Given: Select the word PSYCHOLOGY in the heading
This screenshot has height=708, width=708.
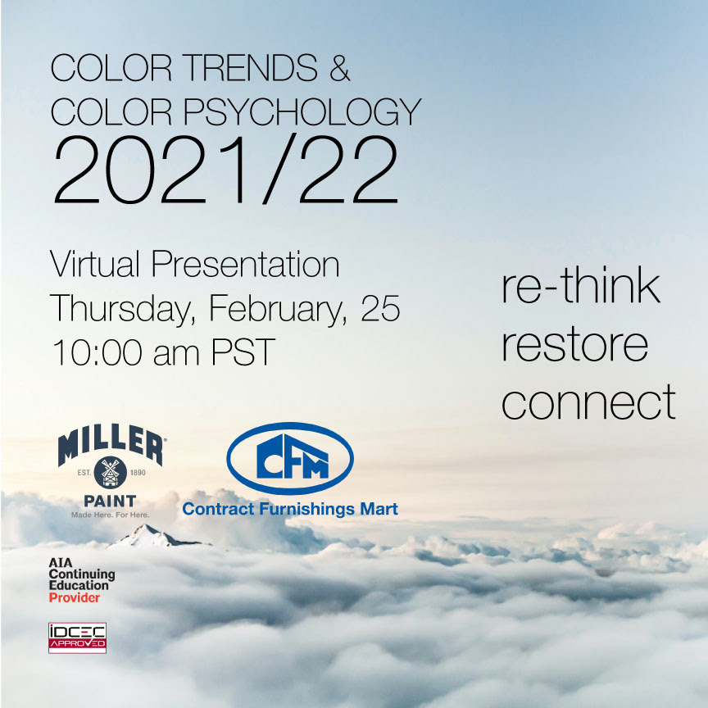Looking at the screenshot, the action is [302, 111].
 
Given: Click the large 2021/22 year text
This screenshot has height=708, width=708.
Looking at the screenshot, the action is [226, 170].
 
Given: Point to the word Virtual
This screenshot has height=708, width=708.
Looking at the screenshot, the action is [94, 264].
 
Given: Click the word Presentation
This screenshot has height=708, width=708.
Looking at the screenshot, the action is [245, 264].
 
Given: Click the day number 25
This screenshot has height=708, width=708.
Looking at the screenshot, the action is [380, 309].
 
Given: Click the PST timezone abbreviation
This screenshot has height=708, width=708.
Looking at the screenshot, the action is [243, 352].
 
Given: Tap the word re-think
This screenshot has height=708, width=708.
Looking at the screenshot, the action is [581, 286].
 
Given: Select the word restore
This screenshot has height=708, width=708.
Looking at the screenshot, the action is [574, 346].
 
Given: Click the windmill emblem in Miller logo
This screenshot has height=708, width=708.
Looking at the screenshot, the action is [110, 473].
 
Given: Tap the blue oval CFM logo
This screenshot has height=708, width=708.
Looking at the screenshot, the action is [290, 458].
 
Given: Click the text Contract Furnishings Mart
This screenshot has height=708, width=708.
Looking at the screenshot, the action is [290, 510].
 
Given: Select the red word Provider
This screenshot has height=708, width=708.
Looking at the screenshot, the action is [74, 598].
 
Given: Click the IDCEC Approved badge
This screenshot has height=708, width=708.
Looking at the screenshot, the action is [77, 638].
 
